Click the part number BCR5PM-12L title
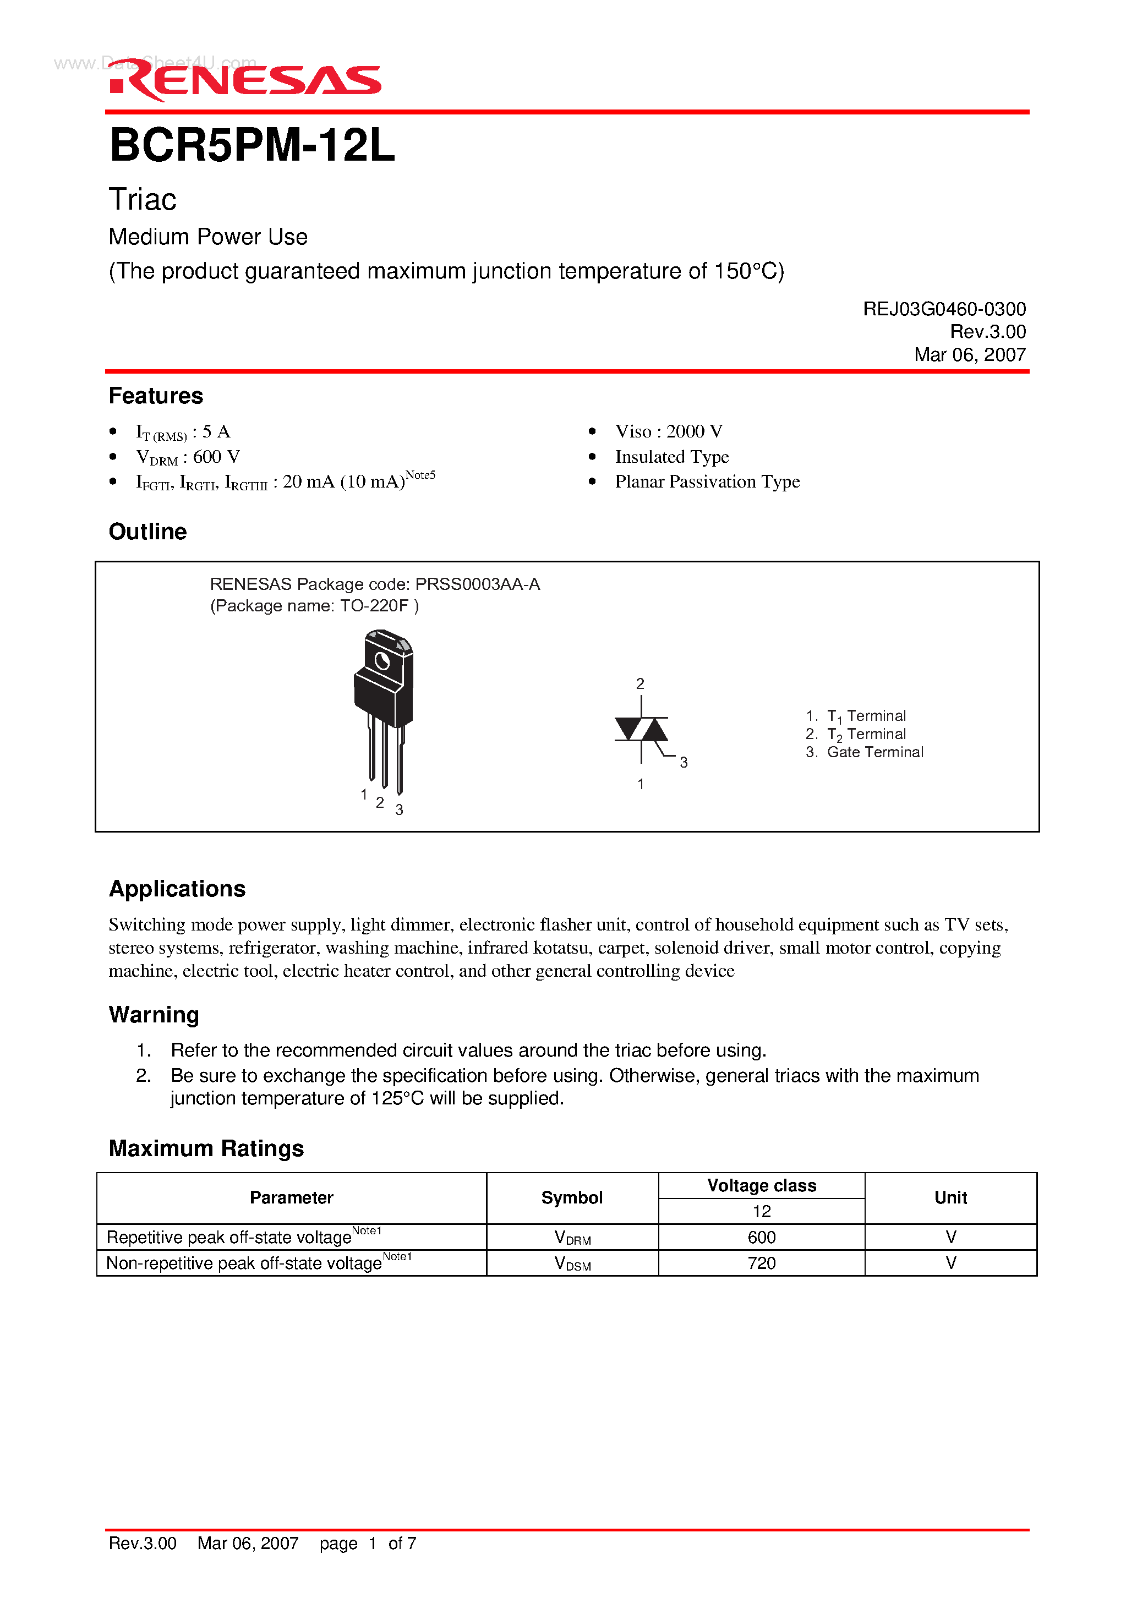[x=253, y=146]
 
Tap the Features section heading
[x=156, y=396]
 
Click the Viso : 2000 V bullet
[x=668, y=431]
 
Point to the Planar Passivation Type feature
[x=707, y=481]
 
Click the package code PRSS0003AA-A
[x=477, y=584]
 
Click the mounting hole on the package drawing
[x=382, y=661]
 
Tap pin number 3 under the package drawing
[x=399, y=809]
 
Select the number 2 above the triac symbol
[x=640, y=683]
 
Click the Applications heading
[x=177, y=889]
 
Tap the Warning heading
[x=154, y=1015]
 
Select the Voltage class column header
[x=761, y=1185]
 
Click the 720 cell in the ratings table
[x=761, y=1263]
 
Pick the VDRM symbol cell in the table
[x=572, y=1238]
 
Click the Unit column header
[x=950, y=1197]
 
